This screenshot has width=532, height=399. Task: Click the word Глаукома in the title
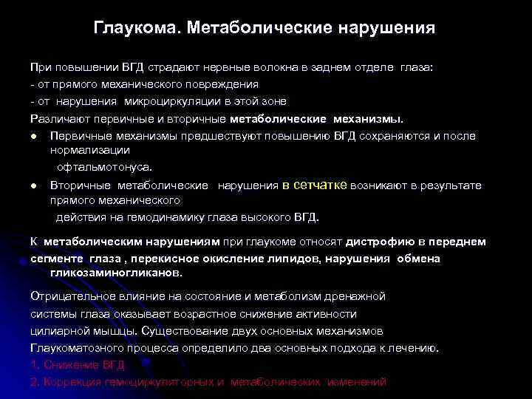[137, 29]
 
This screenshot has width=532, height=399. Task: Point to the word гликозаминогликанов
[115, 273]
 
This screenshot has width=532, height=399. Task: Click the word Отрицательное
[66, 296]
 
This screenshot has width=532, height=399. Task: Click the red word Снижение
[67, 364]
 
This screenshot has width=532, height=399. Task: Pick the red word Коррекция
[67, 382]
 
